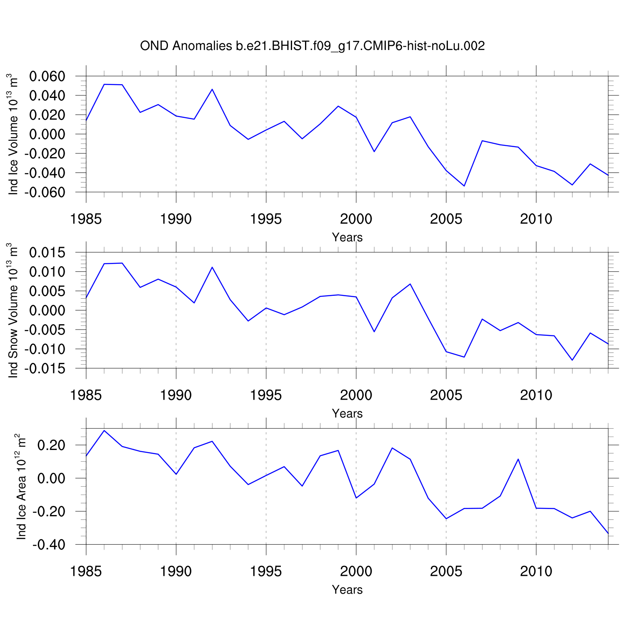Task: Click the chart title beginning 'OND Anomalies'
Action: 312,46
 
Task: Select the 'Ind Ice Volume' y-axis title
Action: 14,135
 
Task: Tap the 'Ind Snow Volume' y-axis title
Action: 14,310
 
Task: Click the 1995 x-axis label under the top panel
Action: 266,219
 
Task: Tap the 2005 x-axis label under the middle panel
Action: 446,395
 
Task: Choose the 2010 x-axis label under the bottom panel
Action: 536,571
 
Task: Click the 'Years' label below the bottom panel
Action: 347,590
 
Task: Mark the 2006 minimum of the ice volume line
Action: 464,186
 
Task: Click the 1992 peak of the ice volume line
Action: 212,89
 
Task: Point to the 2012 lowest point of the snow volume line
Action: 572,360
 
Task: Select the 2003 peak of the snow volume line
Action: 410,284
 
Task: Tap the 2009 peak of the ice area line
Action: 518,459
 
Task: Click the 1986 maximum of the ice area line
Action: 104,430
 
